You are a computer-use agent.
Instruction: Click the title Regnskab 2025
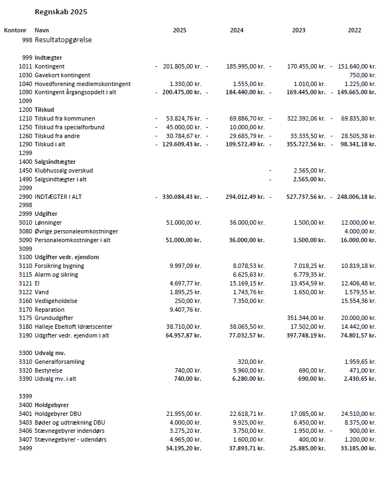click(61, 12)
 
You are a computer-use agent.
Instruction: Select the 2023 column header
click(299, 31)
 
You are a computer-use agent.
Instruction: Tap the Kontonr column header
click(15, 31)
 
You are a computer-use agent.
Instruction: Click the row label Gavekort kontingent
click(62, 75)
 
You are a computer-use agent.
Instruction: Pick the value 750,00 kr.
click(363, 75)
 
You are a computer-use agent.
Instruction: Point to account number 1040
click(25, 84)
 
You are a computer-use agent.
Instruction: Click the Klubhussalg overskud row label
click(63, 170)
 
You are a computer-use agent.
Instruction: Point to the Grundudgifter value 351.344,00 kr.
click(306, 318)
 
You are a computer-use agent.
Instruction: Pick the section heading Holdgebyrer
click(51, 405)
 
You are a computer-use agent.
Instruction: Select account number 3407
click(25, 439)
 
